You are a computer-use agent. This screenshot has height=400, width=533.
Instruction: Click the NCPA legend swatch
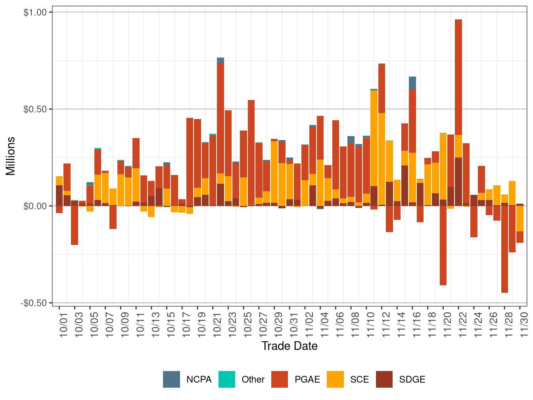(x=171, y=379)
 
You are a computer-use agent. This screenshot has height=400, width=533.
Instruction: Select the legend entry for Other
(x=253, y=379)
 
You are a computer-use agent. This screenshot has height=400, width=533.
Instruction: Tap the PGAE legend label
(x=307, y=379)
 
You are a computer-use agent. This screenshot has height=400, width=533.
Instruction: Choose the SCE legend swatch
(x=335, y=379)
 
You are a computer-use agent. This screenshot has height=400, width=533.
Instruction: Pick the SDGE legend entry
(x=412, y=379)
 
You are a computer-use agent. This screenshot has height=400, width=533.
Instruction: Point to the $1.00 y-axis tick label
(x=35, y=12)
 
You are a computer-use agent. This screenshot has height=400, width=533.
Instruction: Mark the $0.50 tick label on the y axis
(x=35, y=109)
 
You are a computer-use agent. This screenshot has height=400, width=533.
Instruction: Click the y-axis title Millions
(x=10, y=156)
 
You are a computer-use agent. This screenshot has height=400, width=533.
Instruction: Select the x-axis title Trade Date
(x=290, y=346)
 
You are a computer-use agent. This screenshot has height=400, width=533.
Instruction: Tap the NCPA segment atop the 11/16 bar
(x=412, y=83)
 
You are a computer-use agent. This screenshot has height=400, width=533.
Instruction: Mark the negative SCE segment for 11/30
(x=520, y=219)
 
